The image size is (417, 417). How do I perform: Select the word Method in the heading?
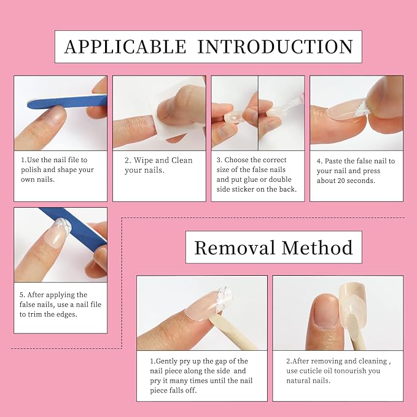click(x=318, y=247)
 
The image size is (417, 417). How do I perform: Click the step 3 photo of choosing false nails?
click(x=257, y=112)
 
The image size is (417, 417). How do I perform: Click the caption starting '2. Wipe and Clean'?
click(x=158, y=165)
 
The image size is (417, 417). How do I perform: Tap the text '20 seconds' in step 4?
click(x=355, y=181)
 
